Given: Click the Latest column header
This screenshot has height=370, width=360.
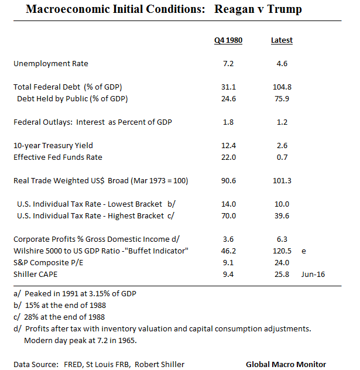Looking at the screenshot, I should pyautogui.click(x=282, y=40).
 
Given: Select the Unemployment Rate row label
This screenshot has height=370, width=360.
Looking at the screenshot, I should pyautogui.click(x=51, y=63).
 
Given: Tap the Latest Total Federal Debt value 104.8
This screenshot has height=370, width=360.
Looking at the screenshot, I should pyautogui.click(x=282, y=87).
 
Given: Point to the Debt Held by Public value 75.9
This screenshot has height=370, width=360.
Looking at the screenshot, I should pyautogui.click(x=282, y=98).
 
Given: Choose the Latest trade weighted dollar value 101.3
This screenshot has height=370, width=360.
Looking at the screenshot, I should pyautogui.click(x=282, y=181).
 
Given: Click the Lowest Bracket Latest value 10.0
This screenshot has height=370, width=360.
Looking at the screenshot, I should pyautogui.click(x=282, y=204).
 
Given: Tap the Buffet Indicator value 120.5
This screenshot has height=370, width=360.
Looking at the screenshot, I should pyautogui.click(x=282, y=251).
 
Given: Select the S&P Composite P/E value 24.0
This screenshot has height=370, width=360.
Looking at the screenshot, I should pyautogui.click(x=282, y=262).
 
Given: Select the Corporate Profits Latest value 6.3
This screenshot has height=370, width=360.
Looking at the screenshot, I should pyautogui.click(x=282, y=239).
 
